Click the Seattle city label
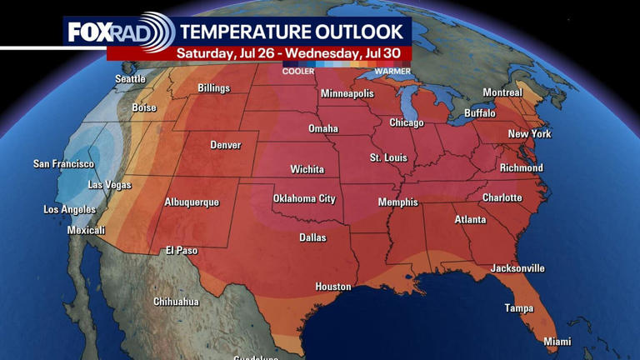pos(130,79)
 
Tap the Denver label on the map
pos(225,145)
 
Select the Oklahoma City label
pos(304,198)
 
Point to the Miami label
pos(557,342)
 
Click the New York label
pos(529,134)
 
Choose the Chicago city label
pos(407,122)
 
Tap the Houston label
pos(332,287)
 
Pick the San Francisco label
pos(63,164)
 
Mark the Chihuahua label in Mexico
pos(176,302)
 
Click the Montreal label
pos(502,92)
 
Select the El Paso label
pos(181,250)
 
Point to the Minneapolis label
pos(347,93)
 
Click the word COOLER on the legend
pos(298,72)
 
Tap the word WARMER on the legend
pos(392,72)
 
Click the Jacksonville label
pos(517,268)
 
